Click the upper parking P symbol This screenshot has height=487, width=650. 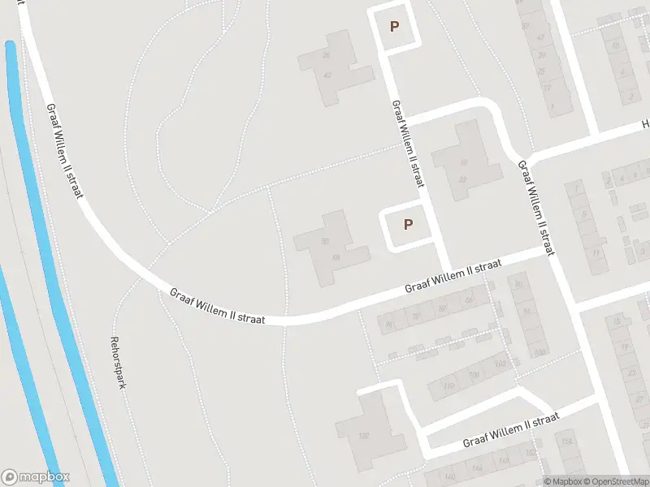[395, 26]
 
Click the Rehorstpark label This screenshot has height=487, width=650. [117, 362]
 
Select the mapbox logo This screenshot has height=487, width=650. [36, 477]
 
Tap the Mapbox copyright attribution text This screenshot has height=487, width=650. [561, 481]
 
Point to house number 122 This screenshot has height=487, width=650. [364, 437]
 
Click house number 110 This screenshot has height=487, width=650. [448, 386]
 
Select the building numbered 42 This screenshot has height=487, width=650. [327, 74]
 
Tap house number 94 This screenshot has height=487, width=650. [526, 312]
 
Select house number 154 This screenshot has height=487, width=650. [565, 442]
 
